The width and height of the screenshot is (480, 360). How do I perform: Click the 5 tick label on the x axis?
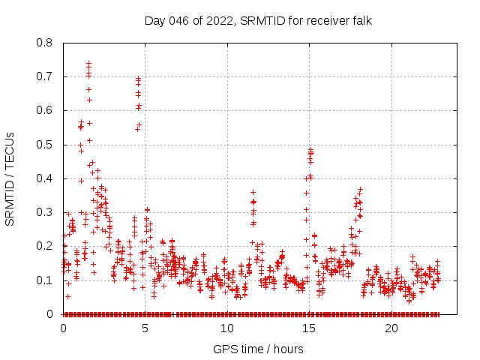tap(145, 328)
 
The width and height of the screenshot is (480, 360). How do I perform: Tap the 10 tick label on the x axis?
tap(227, 328)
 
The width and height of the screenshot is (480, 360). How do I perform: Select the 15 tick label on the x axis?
tap(310, 328)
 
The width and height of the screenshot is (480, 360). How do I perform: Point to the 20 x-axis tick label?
tap(391, 328)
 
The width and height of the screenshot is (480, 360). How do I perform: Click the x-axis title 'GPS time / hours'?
tap(258, 349)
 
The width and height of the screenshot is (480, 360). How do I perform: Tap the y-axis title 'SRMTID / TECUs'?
tap(10, 178)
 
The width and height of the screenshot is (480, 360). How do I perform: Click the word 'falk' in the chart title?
tap(361, 20)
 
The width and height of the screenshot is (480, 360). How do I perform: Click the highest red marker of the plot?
tap(88, 64)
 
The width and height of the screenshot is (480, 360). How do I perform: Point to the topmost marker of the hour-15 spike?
tap(310, 149)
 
